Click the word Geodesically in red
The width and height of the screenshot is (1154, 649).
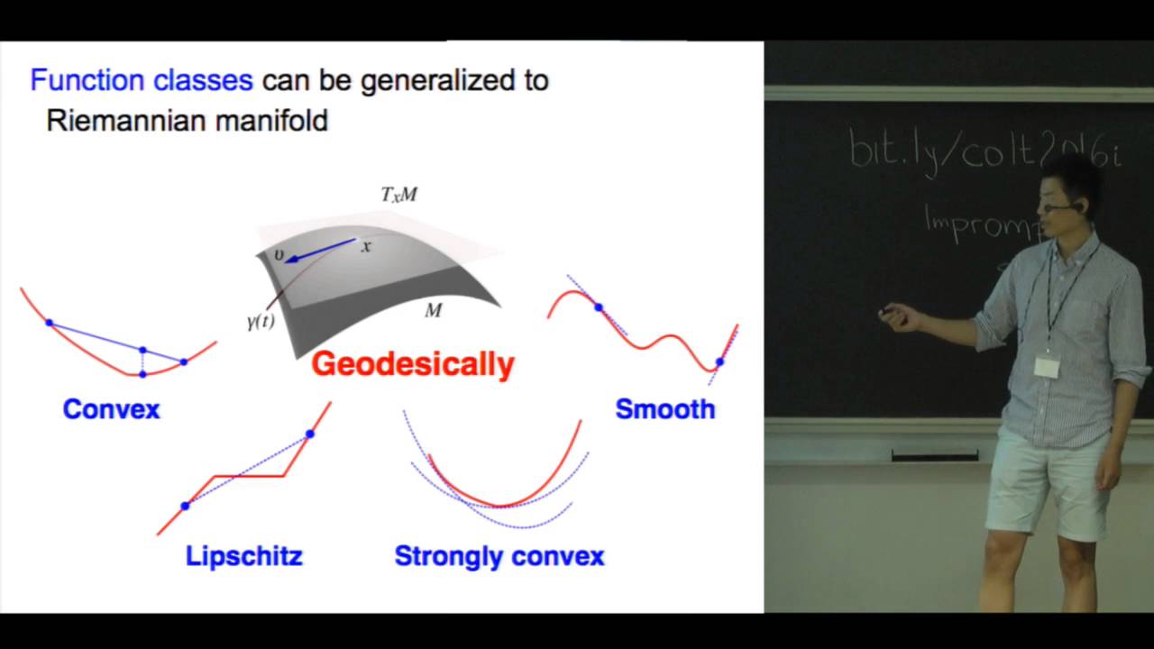[x=412, y=364]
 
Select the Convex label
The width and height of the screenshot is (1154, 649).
[x=111, y=409]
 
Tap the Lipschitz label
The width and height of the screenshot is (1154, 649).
[x=243, y=556]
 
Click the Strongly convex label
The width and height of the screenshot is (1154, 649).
[x=499, y=556]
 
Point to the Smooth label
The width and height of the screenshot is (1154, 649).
[x=664, y=409]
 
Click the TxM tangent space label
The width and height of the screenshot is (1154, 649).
[x=398, y=195]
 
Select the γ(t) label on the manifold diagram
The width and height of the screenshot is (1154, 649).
[x=261, y=322]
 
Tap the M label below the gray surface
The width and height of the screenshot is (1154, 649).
[x=434, y=311]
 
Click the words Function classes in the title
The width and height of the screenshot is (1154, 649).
[x=142, y=80]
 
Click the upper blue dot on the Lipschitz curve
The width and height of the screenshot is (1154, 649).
[x=310, y=434]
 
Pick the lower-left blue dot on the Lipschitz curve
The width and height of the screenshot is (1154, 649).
[x=185, y=506]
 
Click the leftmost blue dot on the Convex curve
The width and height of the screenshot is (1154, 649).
[x=49, y=323]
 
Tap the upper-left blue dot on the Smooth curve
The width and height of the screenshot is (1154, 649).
[x=599, y=307]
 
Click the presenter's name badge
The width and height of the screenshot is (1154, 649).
[x=1047, y=366]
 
